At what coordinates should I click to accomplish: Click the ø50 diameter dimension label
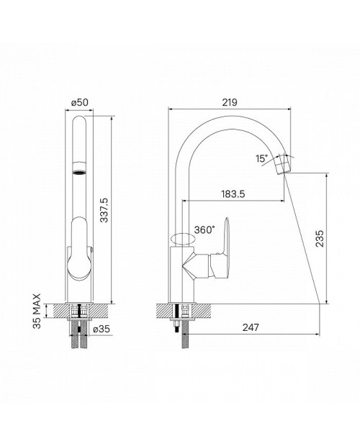click(x=80, y=102)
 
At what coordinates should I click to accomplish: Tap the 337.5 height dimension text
click(x=104, y=210)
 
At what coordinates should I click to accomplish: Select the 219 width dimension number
click(x=230, y=102)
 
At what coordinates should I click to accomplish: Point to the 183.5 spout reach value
click(x=233, y=194)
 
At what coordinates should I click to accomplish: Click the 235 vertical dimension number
click(x=320, y=238)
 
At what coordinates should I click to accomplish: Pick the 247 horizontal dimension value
click(x=251, y=327)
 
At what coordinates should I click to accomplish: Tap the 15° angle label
click(x=262, y=158)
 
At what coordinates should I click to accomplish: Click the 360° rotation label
click(x=204, y=229)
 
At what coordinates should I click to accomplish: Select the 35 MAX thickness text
click(x=37, y=311)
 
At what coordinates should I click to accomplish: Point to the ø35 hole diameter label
click(x=102, y=329)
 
